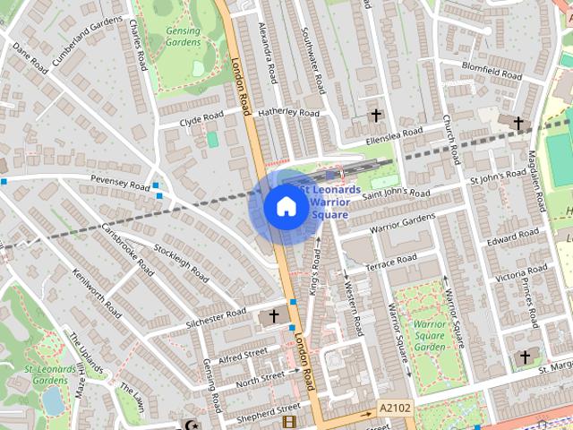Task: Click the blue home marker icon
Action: (286, 206)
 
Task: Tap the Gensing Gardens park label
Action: (183, 36)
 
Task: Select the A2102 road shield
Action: (395, 407)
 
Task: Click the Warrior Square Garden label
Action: (430, 335)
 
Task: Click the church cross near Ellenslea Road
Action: (376, 115)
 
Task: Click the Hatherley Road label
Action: (288, 114)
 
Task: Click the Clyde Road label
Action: (201, 119)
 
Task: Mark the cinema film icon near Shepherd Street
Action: (288, 420)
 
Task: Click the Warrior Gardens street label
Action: (402, 220)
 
